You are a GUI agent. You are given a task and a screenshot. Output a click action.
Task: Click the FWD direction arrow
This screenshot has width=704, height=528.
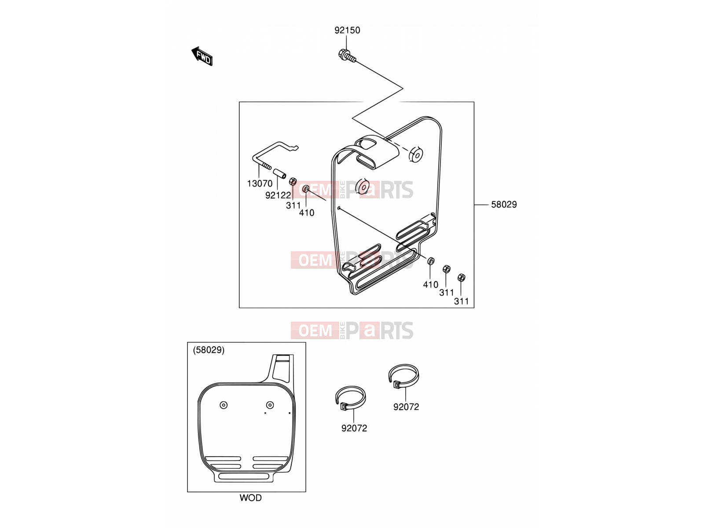[x=202, y=56]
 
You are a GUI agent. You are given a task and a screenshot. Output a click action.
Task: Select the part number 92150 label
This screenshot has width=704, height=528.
[x=347, y=30]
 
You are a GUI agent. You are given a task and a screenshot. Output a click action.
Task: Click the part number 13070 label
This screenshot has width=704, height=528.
[x=260, y=183]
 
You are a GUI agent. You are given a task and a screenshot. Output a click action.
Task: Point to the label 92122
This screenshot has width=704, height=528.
[x=278, y=195]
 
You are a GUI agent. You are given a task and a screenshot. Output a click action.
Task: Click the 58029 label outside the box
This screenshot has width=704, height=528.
[x=504, y=204]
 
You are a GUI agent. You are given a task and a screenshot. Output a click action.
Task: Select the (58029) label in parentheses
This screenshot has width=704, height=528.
[x=209, y=350]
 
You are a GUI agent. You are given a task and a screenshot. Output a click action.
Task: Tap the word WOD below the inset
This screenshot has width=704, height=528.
[x=250, y=498]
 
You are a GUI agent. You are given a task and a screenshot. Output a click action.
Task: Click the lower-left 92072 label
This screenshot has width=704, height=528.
[x=354, y=428]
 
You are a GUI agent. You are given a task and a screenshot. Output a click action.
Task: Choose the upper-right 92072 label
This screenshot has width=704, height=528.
[x=406, y=407]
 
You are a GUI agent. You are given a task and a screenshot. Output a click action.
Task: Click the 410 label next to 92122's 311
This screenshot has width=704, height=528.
[x=307, y=213]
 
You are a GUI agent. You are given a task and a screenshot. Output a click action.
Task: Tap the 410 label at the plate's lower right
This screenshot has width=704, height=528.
[x=430, y=284]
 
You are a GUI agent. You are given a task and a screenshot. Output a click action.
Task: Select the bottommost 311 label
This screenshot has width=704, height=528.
[x=461, y=301]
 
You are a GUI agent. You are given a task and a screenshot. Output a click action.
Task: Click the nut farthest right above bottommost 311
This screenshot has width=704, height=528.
[x=461, y=277]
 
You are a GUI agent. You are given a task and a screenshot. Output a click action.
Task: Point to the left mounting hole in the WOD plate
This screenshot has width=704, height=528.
[x=224, y=405]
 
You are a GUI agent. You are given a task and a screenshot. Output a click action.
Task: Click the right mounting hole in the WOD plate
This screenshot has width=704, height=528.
[x=270, y=405]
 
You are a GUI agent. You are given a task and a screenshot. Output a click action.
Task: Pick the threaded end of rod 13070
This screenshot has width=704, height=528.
[x=267, y=166]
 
